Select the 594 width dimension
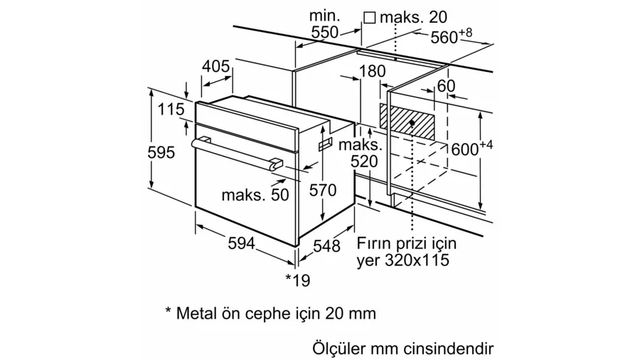(242, 243)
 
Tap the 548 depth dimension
(327, 246)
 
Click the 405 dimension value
(216, 67)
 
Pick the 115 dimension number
(171, 110)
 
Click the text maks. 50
(255, 194)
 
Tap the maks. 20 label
(413, 16)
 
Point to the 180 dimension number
(372, 71)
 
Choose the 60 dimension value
(446, 86)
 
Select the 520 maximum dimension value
(365, 162)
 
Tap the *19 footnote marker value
(298, 280)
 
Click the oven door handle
(235, 153)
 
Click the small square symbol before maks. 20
(369, 16)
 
